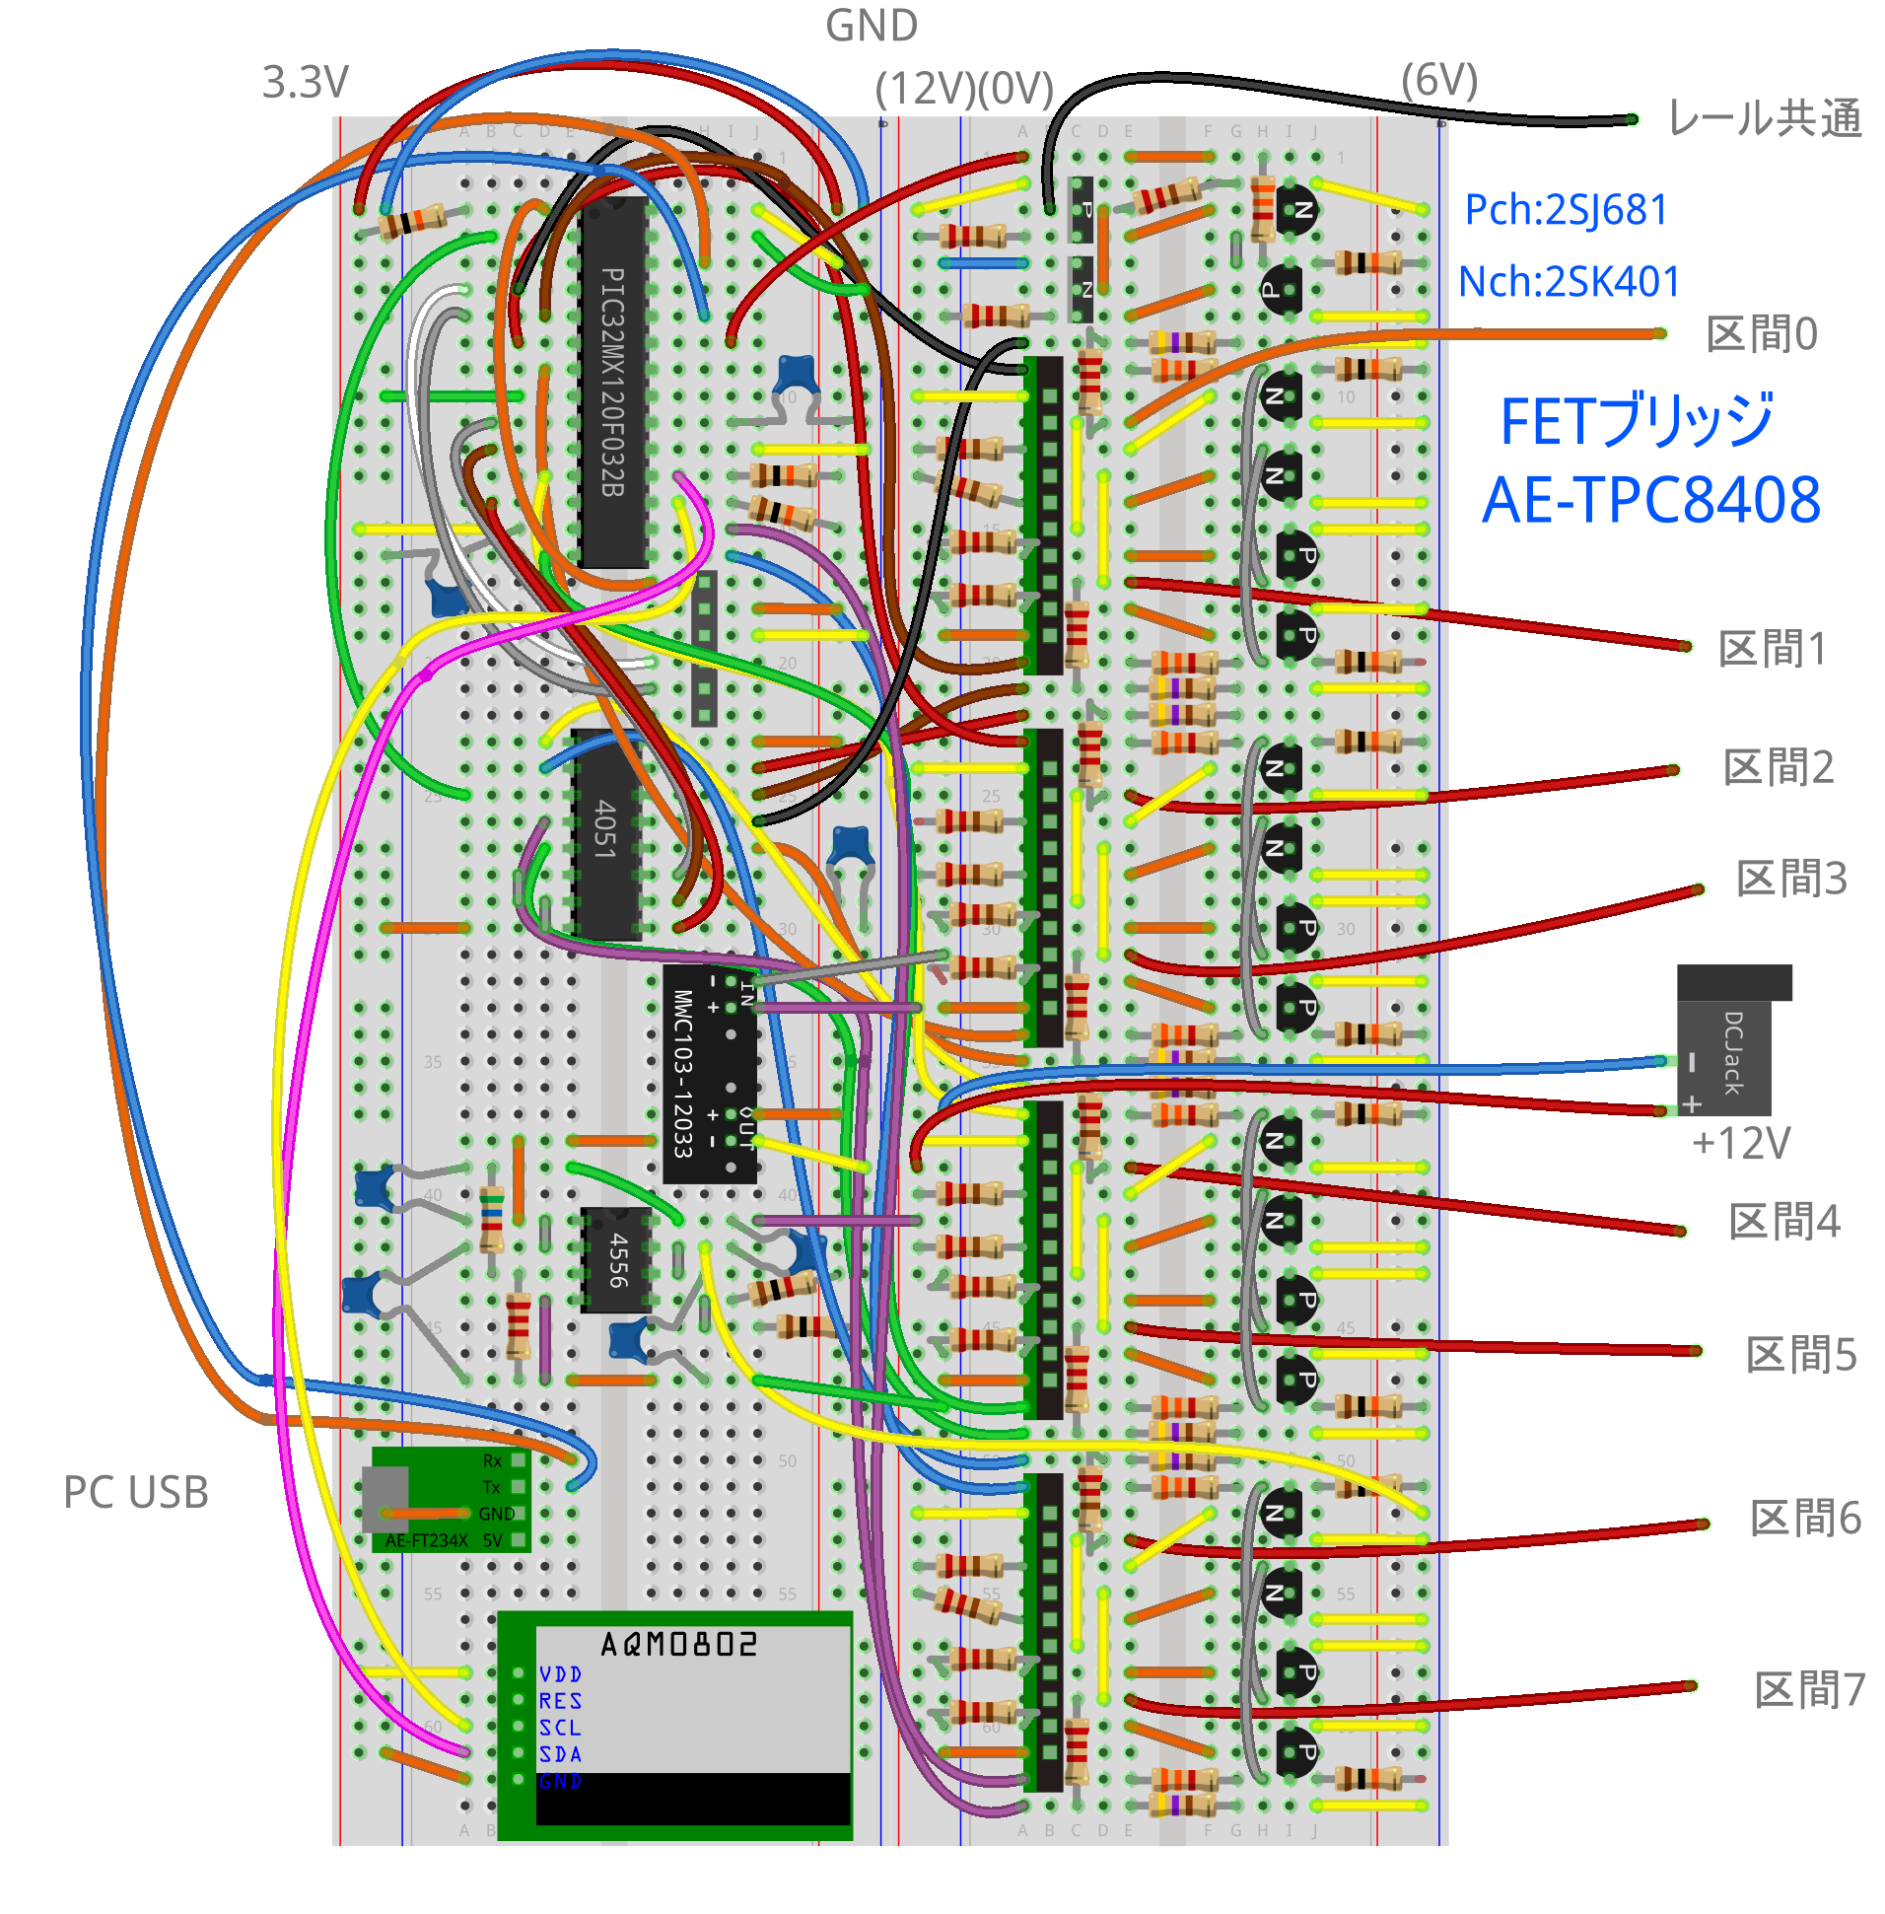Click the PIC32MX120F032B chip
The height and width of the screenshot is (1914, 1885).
point(613,382)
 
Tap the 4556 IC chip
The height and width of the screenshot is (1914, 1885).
point(616,1259)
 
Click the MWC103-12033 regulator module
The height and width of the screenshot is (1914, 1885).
point(709,1073)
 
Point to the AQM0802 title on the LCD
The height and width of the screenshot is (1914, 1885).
point(678,1645)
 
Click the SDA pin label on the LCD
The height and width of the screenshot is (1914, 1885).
point(560,1753)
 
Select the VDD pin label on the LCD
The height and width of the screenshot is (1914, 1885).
point(560,1673)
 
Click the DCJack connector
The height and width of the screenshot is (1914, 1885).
point(1731,1044)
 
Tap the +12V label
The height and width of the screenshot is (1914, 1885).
point(1740,1144)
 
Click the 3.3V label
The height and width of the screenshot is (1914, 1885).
point(305,82)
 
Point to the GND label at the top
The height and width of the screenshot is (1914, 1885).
point(872,26)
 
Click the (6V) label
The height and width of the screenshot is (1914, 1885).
point(1438,80)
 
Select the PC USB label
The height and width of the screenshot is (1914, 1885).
point(136,1492)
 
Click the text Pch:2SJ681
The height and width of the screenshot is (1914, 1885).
point(1566,210)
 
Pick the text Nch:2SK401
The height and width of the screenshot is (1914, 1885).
point(1570,282)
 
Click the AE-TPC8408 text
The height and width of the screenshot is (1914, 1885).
point(1650,500)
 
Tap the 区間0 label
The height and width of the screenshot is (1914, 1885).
point(1761,334)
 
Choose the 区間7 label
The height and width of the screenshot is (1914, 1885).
point(1809,1690)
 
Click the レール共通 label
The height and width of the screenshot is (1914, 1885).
point(1764,118)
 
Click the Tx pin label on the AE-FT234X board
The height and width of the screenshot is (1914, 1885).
point(491,1486)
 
